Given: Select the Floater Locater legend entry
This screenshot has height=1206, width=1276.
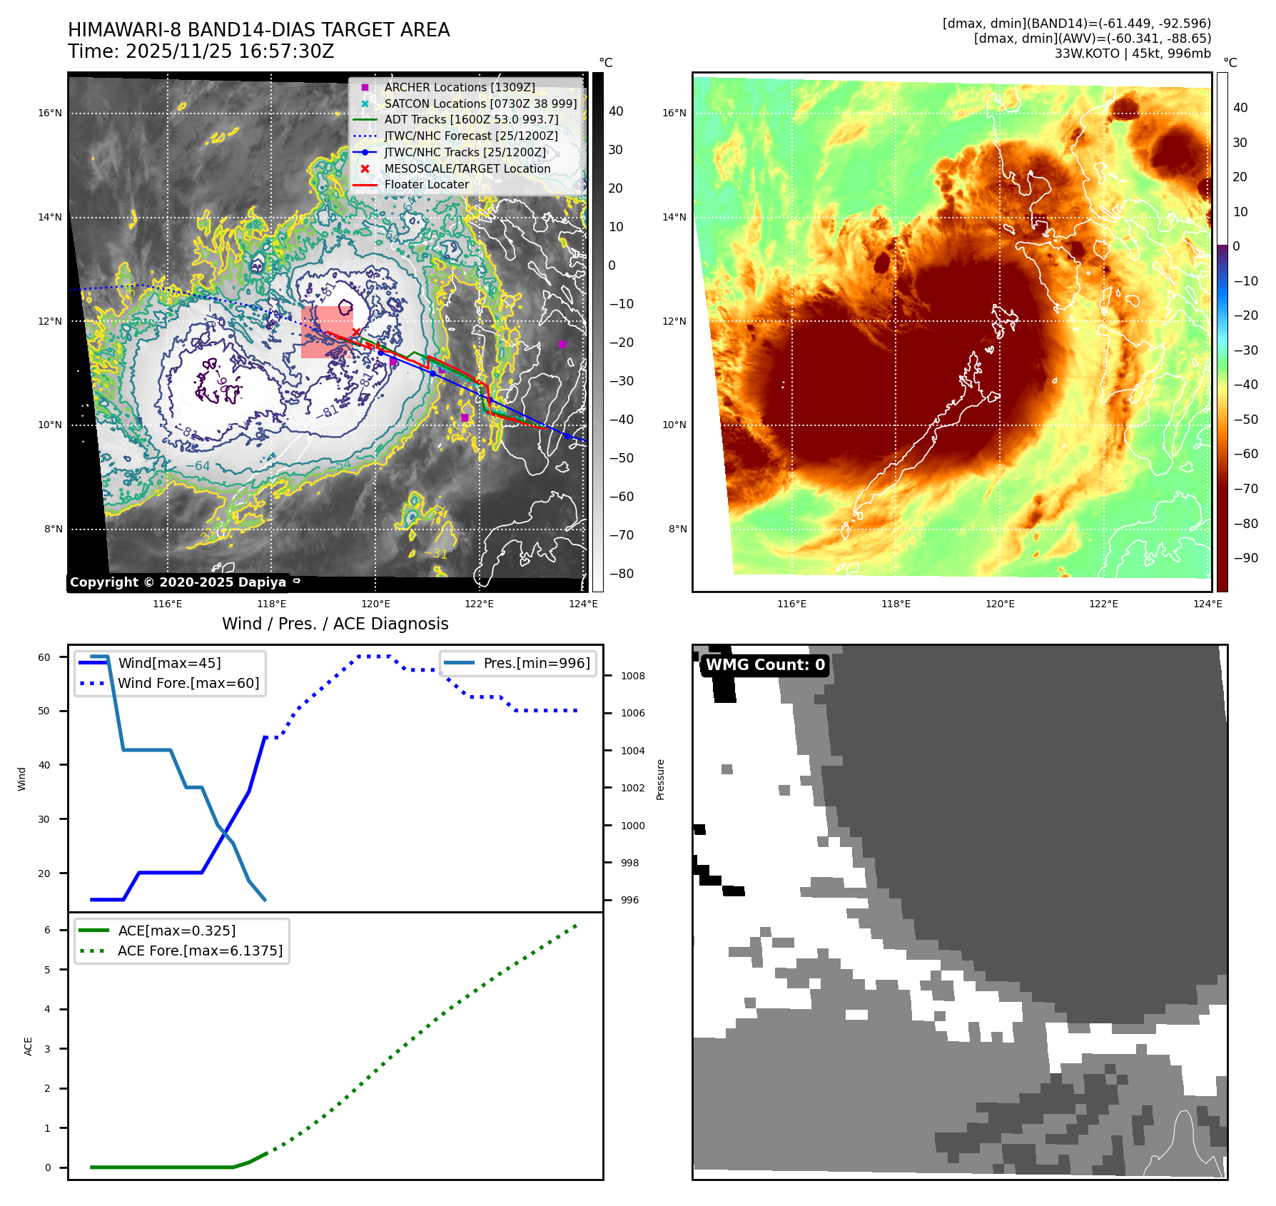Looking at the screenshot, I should point(426,184).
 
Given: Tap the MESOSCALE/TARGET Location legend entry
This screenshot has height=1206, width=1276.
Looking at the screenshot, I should point(467,168).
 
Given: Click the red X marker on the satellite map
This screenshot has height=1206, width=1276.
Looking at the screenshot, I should point(356,333).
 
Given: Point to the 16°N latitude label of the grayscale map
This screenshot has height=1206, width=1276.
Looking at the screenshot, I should point(50,113).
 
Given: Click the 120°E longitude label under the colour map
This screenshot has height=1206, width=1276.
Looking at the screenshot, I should point(1000,604).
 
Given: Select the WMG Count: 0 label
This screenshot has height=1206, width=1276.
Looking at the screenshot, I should point(765,665).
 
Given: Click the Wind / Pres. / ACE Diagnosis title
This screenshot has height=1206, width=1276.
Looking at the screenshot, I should point(335,624).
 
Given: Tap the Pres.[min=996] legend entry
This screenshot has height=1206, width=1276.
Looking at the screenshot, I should point(536,663).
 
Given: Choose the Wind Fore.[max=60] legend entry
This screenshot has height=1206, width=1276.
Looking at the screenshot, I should point(188,683).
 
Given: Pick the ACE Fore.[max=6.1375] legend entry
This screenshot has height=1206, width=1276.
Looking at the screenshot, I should point(200,951).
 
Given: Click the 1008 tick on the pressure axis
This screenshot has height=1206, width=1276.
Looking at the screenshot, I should point(632,676).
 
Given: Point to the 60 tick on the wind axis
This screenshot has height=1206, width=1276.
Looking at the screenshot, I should point(44,657).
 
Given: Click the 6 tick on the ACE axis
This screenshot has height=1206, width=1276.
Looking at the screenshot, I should point(47,930).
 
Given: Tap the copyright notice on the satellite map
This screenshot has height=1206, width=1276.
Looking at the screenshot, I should point(178,582).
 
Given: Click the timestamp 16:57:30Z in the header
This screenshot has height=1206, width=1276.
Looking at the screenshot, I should point(229,51).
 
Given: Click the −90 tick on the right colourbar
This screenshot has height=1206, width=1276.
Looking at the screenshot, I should point(1246,558).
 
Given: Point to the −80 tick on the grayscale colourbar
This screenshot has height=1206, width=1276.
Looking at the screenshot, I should point(621,574).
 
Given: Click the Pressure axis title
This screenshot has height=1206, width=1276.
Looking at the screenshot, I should point(660,779).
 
